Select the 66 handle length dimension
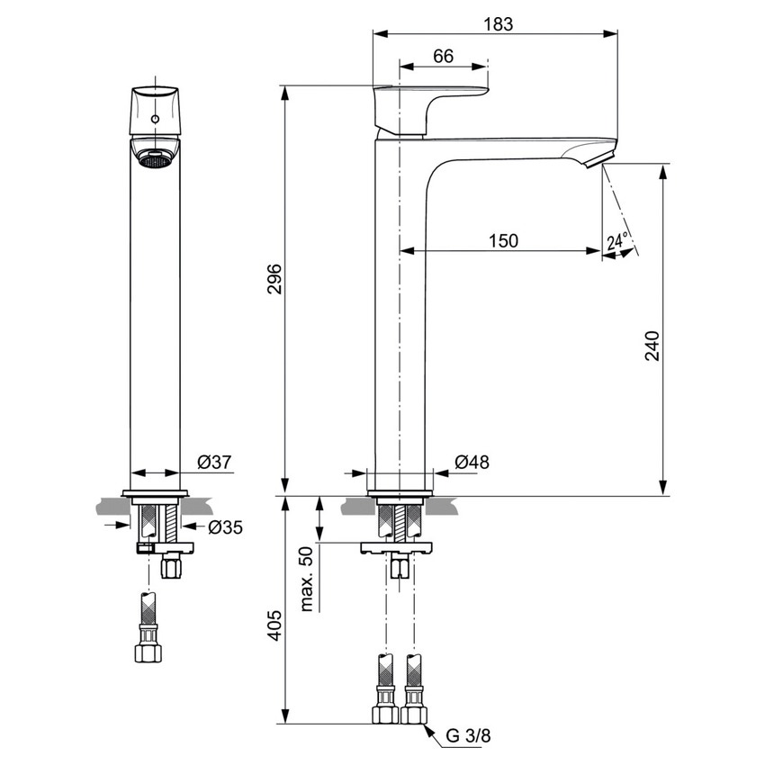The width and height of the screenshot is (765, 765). (443, 56)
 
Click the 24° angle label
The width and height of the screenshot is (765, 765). (617, 242)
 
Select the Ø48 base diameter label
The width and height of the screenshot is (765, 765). (472, 463)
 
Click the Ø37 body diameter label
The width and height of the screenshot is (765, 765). (213, 462)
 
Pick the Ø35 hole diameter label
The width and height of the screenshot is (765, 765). (225, 527)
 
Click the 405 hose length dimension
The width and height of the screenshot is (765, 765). (276, 624)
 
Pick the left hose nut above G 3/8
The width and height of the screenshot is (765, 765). (386, 715)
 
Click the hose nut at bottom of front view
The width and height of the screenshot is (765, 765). (148, 652)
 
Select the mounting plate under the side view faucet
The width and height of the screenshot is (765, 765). (397, 548)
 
